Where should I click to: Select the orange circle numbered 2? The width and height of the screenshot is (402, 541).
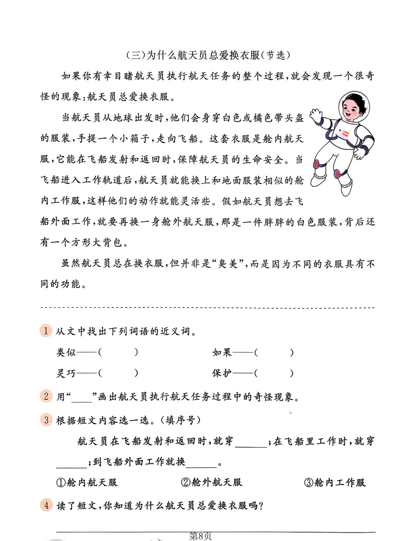(46, 396)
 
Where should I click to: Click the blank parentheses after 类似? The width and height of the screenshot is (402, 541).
(118, 352)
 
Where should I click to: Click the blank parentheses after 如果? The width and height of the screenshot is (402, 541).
(274, 352)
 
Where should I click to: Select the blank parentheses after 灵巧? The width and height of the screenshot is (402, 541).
(118, 373)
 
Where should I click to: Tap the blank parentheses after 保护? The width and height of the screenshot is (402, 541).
(274, 373)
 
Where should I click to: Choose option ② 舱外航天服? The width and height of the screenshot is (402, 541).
(211, 482)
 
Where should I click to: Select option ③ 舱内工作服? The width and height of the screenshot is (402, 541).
(335, 482)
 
